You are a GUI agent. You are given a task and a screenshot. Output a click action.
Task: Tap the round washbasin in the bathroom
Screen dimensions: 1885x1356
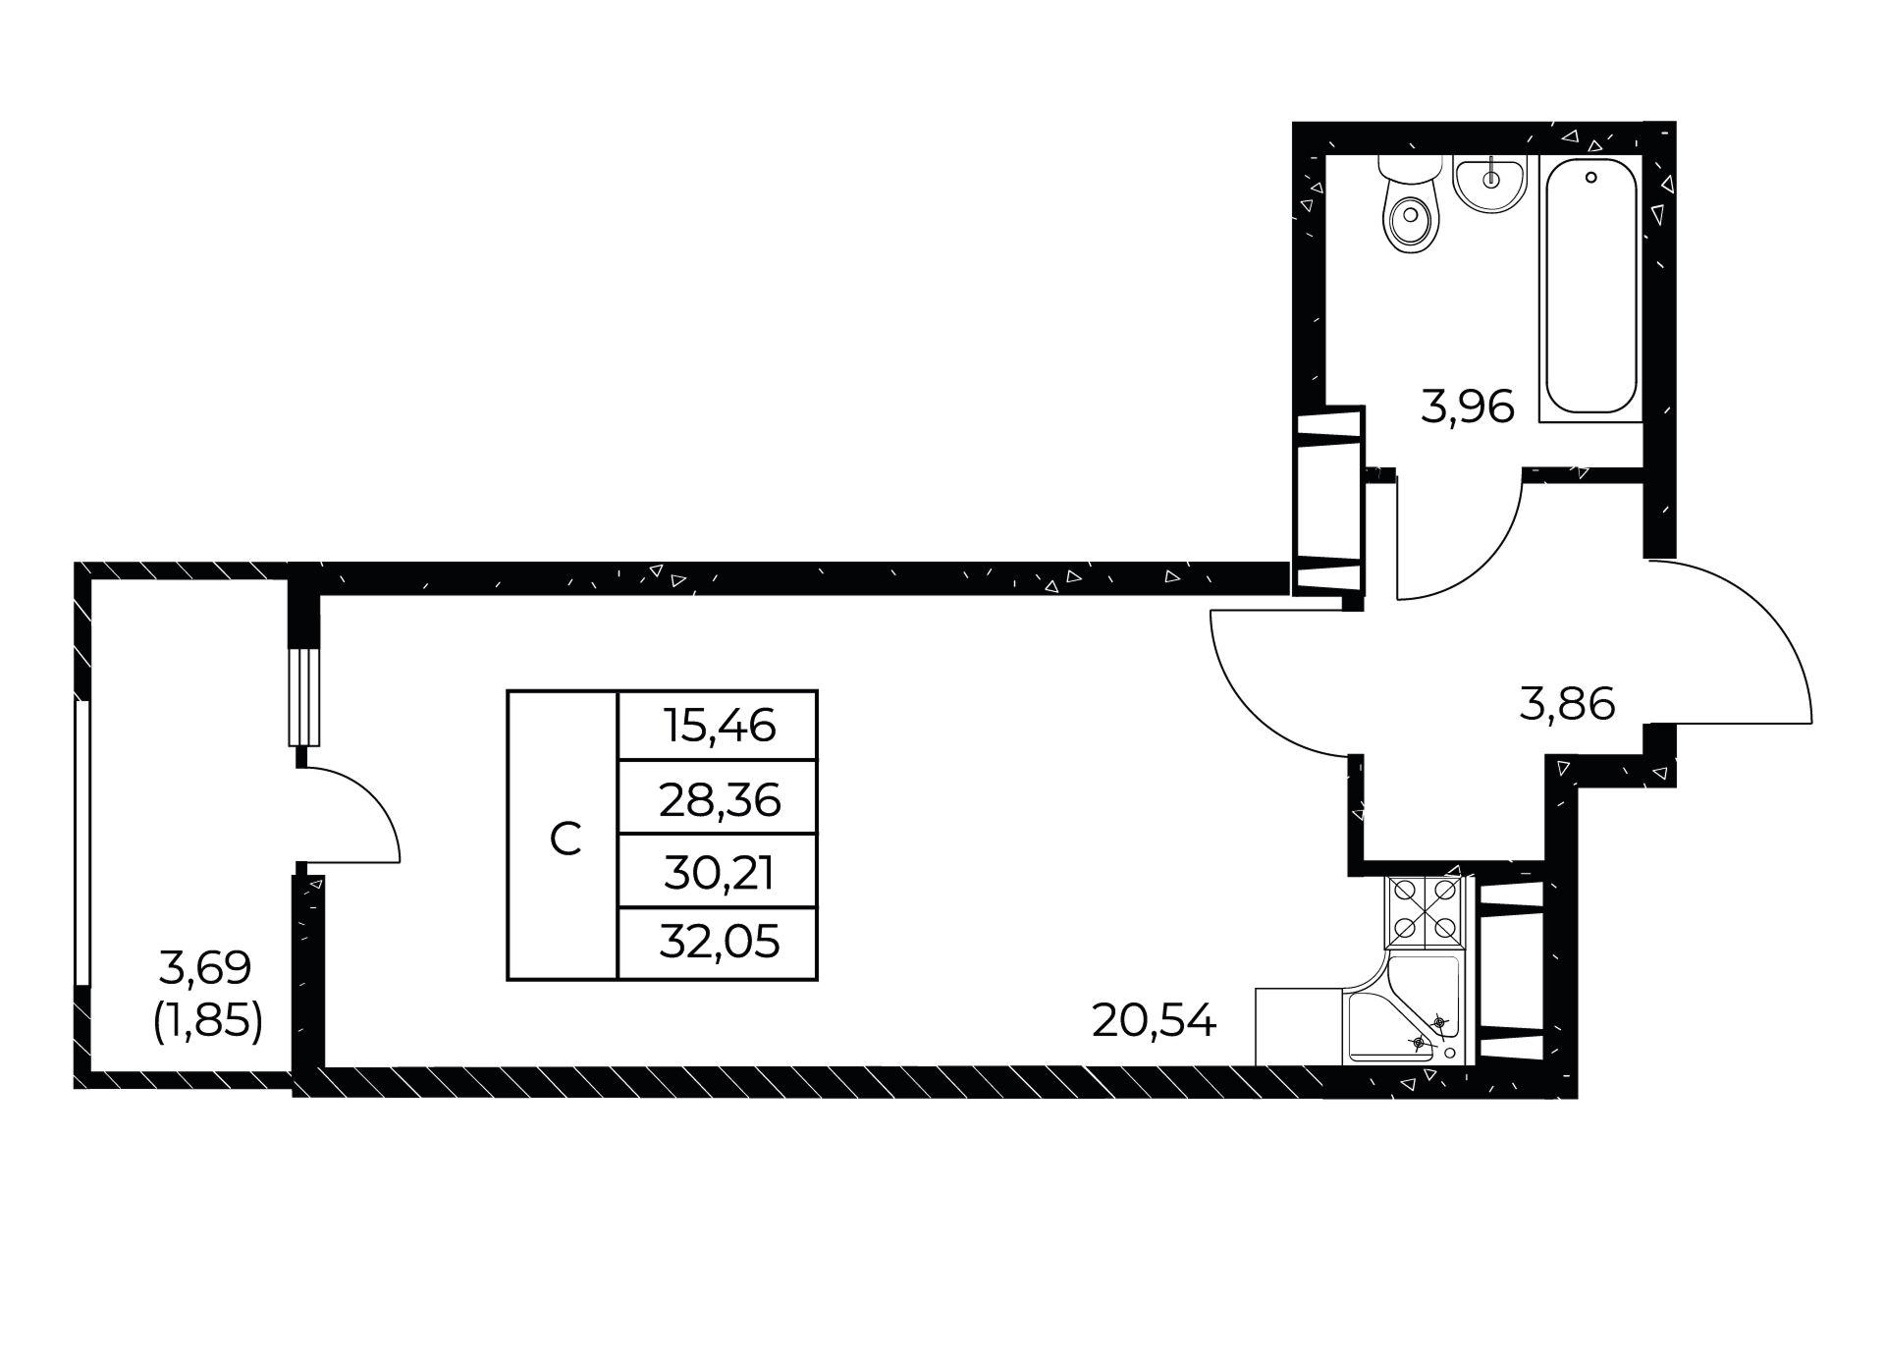(1490, 184)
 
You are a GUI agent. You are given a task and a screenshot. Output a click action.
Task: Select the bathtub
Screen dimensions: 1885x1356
(1590, 288)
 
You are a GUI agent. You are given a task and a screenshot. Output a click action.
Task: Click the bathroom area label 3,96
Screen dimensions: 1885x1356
(1468, 407)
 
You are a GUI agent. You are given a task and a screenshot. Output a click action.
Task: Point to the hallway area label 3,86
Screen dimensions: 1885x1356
(1567, 705)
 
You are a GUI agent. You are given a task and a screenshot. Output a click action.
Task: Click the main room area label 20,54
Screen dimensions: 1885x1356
(1154, 1022)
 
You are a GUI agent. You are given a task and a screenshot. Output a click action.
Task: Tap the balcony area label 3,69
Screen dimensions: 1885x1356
(205, 968)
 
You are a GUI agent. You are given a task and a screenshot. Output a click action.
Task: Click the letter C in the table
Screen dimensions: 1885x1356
(565, 840)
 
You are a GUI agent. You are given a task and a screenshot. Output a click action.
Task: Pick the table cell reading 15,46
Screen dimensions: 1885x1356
(718, 726)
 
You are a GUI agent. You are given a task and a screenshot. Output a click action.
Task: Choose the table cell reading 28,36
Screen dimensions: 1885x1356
(718, 797)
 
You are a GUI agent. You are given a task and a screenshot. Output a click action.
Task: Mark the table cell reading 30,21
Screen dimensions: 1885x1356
(718, 871)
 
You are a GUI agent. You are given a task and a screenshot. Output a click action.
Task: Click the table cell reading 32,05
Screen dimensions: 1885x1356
(718, 944)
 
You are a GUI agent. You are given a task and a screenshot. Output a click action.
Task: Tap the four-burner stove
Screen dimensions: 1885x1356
(1425, 910)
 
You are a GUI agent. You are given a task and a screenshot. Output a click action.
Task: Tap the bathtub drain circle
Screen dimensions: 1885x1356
(1590, 178)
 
